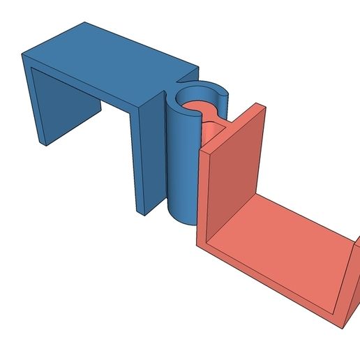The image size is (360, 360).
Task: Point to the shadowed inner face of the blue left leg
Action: (x=66, y=112)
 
